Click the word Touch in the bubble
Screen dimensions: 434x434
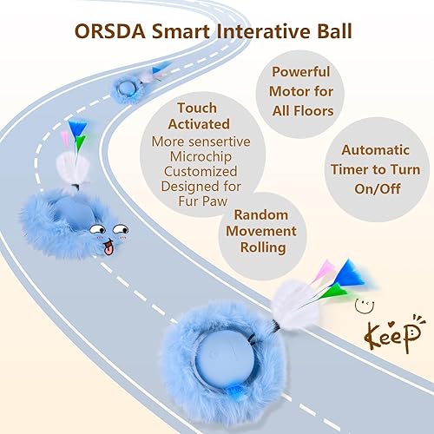point(196,108)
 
